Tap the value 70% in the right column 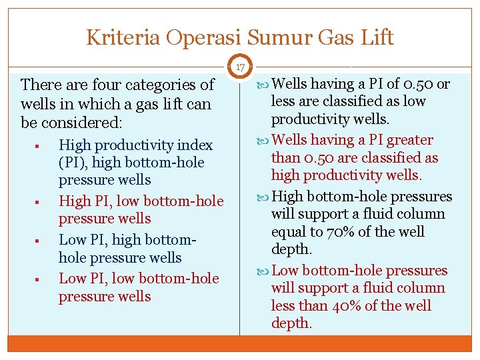[339, 232]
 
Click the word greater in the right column [410, 140]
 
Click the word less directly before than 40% [283, 306]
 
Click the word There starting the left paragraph [41, 85]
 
